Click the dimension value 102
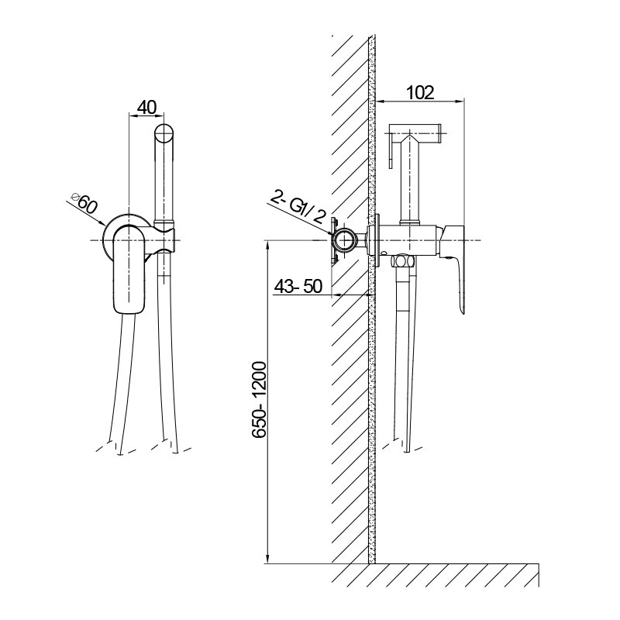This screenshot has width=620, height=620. point(419,92)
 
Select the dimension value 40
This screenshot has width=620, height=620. point(147,107)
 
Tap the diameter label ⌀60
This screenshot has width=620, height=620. point(84,203)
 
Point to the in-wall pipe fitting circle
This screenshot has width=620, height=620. point(345,241)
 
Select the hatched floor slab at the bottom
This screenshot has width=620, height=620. point(434,577)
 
